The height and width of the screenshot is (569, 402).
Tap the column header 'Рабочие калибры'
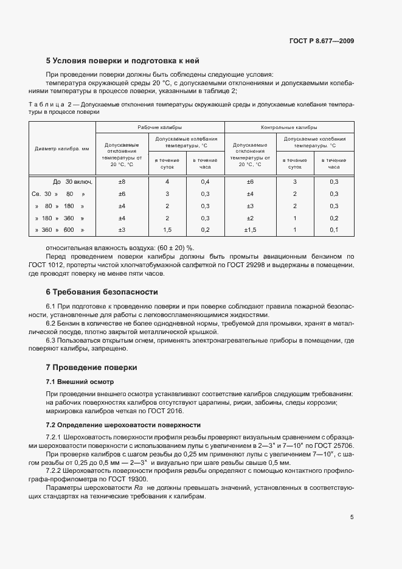pos(160,128)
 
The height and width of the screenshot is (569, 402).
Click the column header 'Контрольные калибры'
pos(289,128)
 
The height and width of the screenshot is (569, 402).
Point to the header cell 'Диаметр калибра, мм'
pos(62,148)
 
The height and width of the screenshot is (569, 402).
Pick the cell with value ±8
pos(122,182)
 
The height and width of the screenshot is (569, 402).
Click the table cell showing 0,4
pos(205,182)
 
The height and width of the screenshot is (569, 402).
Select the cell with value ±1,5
pos(251,230)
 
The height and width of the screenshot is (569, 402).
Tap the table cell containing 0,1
pos(334,230)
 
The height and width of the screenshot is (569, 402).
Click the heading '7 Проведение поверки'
pos(92,368)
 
